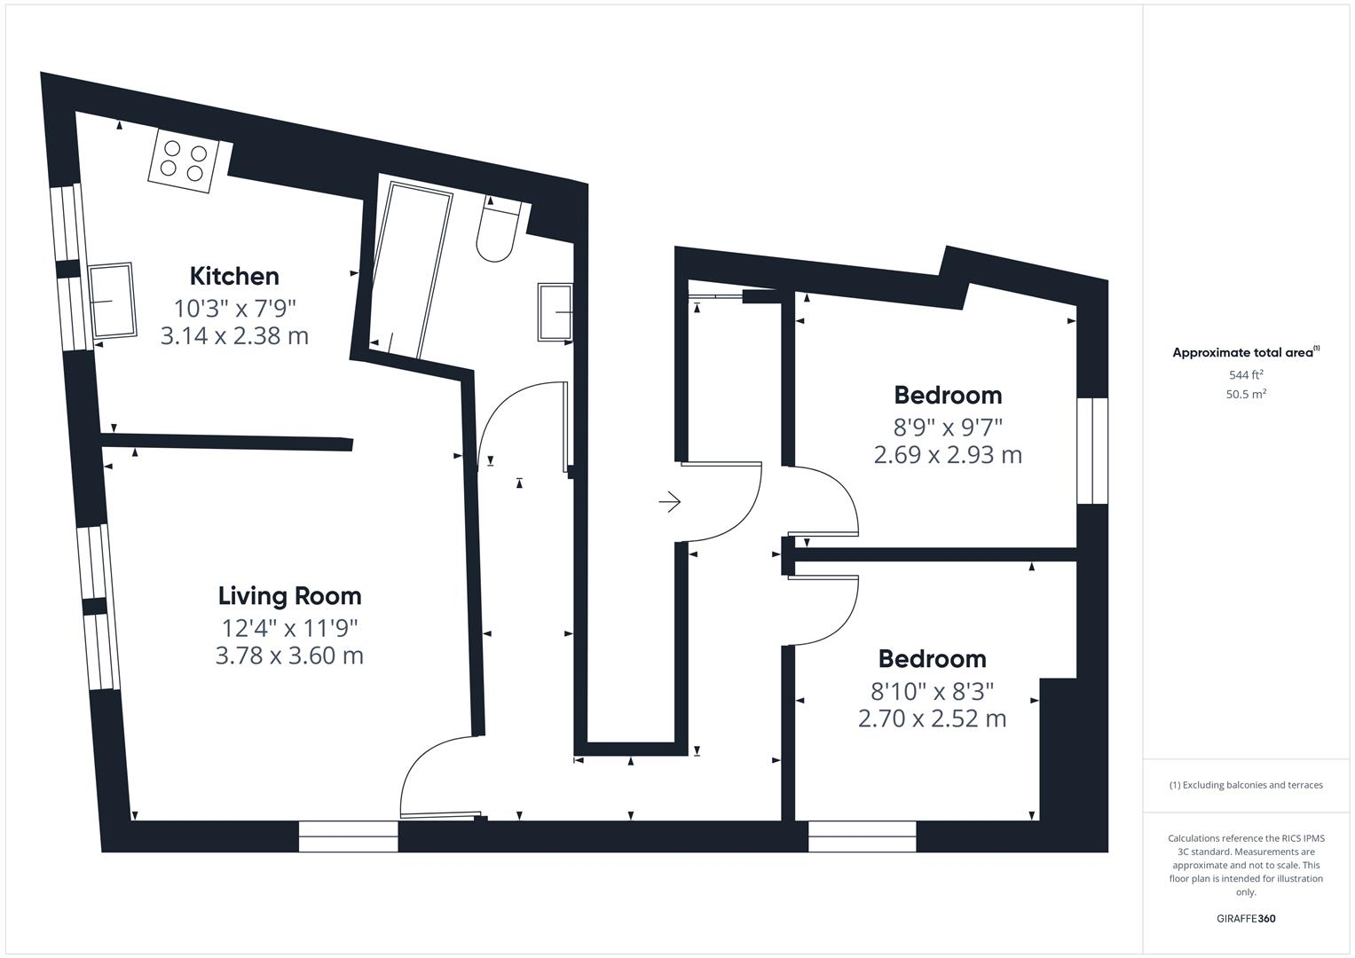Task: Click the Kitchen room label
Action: tap(234, 276)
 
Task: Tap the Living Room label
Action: tap(289, 595)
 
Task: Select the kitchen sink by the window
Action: tap(112, 300)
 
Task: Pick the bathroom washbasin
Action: tap(555, 312)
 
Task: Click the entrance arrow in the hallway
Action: tap(669, 502)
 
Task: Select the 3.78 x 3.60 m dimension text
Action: tap(289, 656)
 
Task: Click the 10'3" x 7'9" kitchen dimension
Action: tap(234, 309)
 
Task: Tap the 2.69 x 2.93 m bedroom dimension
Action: tap(948, 455)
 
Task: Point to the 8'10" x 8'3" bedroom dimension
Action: tap(932, 690)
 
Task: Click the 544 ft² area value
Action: tap(1246, 375)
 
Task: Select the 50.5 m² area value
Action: tap(1246, 395)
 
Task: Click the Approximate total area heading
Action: tap(1245, 352)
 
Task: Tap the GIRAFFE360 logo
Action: tap(1246, 918)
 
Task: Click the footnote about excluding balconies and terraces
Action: tap(1246, 785)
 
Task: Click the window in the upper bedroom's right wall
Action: tap(1092, 451)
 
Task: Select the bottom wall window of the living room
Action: tap(348, 836)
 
